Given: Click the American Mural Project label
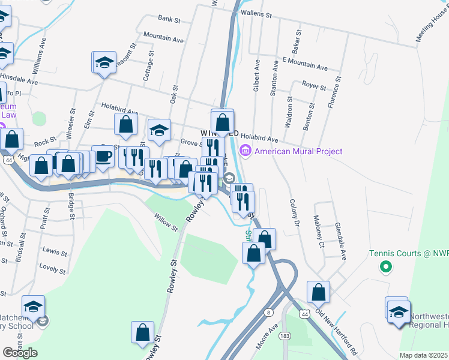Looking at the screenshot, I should coord(298,151).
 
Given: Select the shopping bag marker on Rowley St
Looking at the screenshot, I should coord(142,333).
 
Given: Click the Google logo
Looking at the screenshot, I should coord(20,353).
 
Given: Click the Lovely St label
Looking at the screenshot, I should coord(52,265).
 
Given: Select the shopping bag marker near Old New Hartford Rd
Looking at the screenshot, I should coord(318,292).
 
